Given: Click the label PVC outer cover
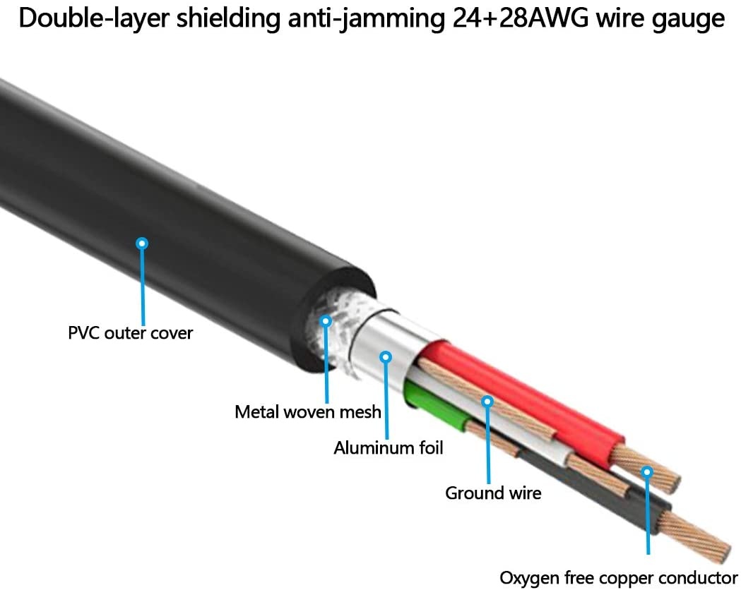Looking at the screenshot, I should (130, 332).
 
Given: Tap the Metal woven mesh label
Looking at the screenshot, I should (308, 411).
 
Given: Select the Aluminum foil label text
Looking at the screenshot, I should (389, 447).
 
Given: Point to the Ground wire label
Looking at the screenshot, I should (493, 493).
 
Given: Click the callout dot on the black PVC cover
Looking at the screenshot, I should (143, 243).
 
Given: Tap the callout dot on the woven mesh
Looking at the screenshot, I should (326, 321).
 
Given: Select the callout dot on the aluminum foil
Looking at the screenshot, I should (386, 357).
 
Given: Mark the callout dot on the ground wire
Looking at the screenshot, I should (487, 402).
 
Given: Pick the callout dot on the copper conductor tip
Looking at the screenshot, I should (646, 471).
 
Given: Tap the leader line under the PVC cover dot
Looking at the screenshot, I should (143, 282).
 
